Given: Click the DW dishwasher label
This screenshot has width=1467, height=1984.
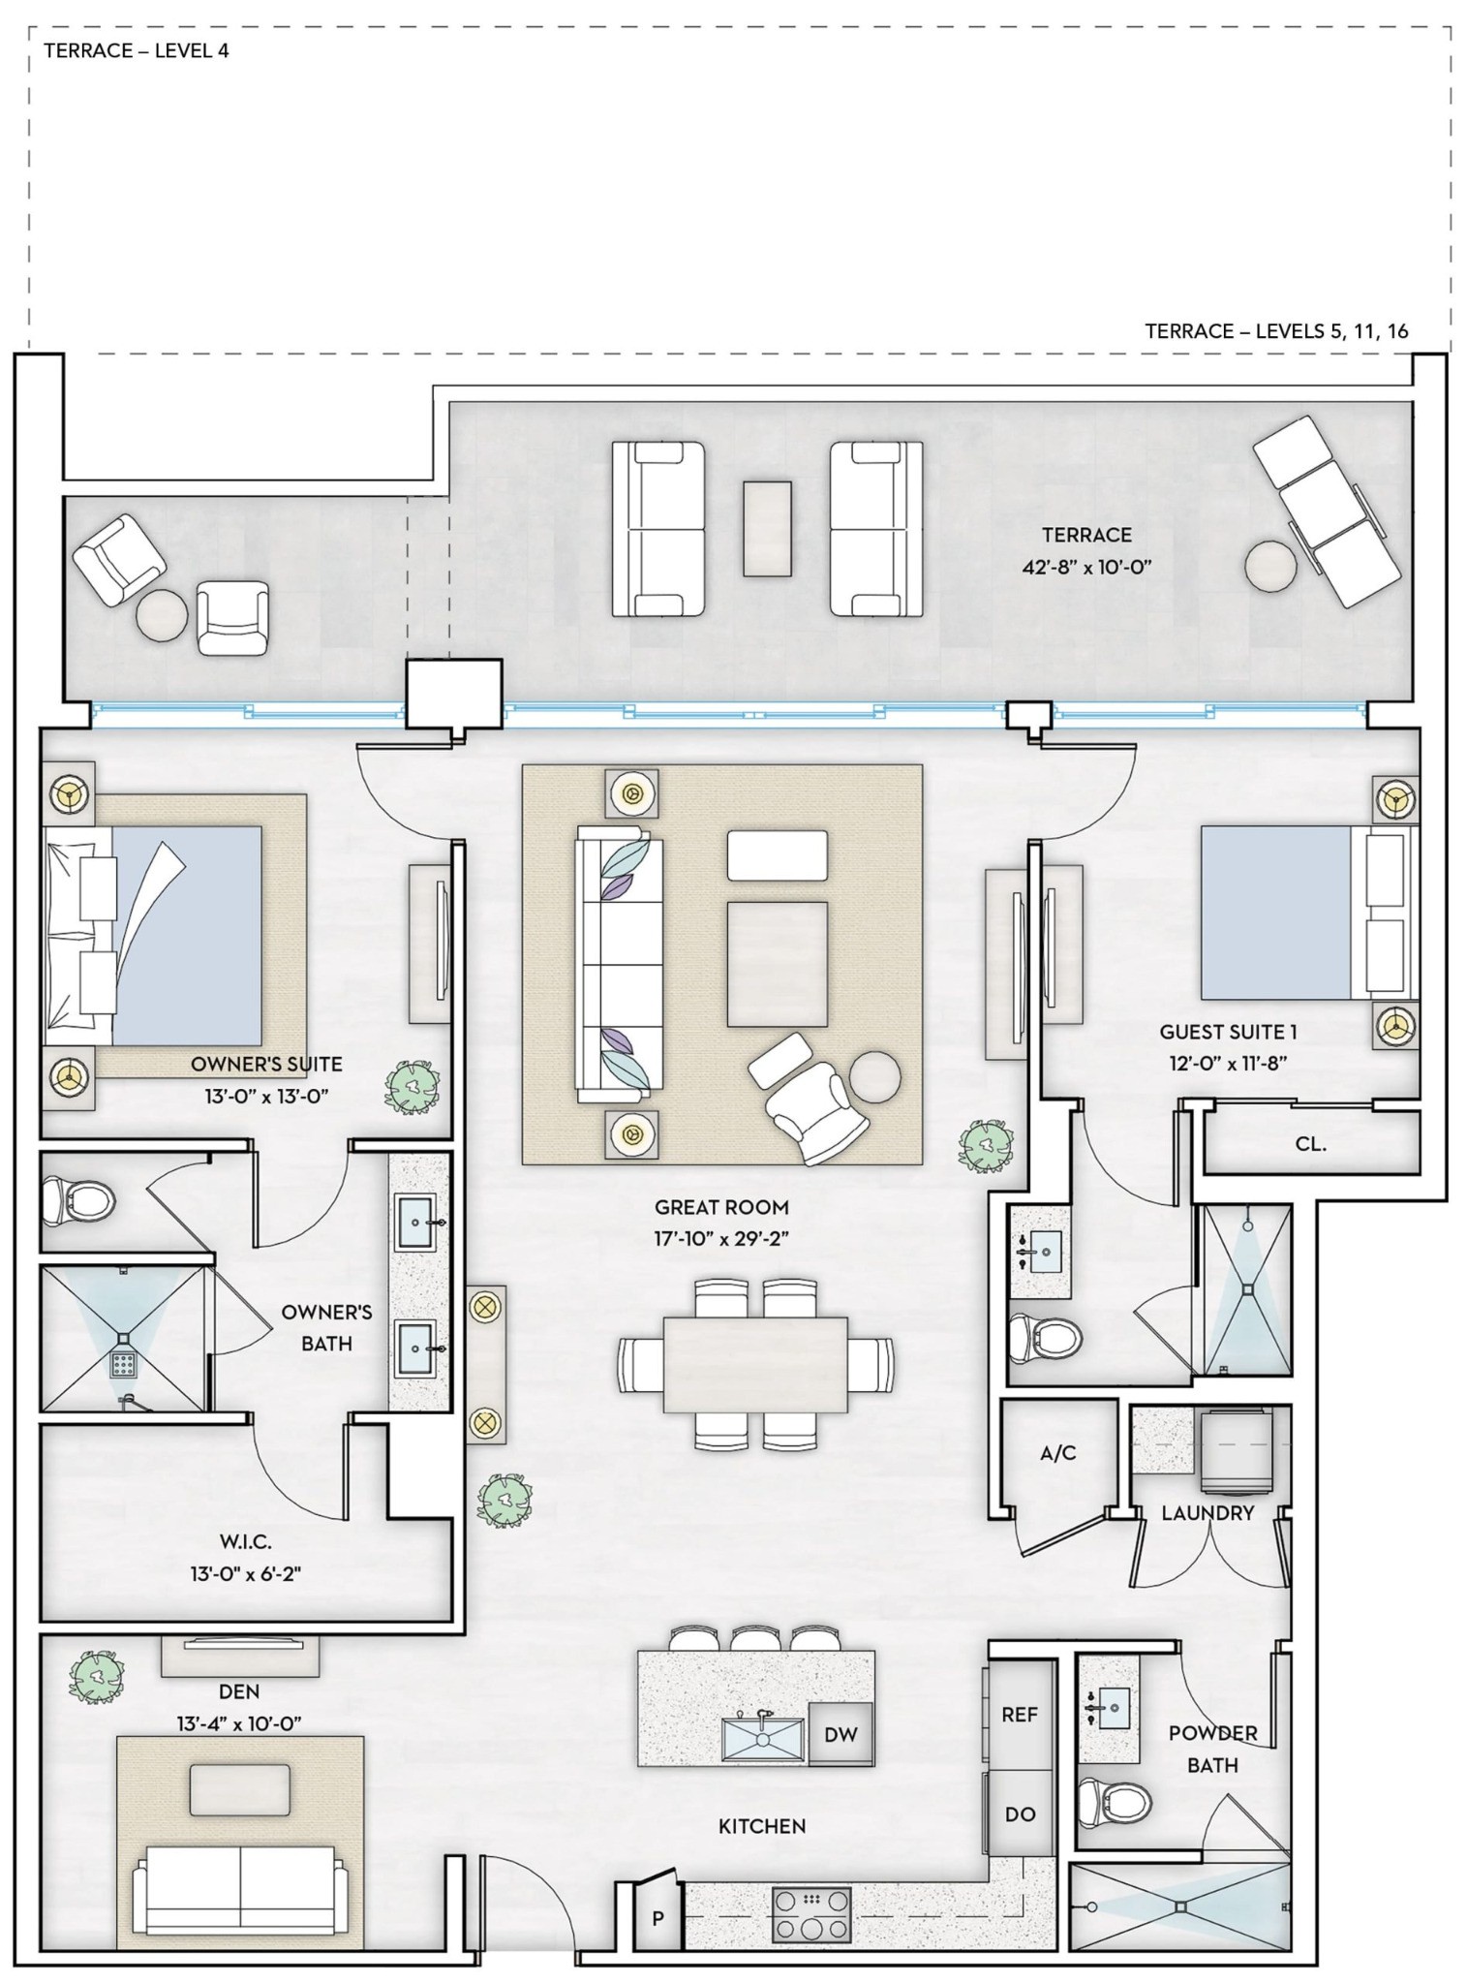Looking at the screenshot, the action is pos(840,1734).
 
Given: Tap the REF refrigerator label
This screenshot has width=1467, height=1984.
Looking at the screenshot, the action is pos(1020,1714).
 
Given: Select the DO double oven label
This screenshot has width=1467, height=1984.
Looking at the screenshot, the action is pos(1020,1814).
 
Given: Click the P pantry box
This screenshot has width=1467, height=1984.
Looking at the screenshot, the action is pos(657,1918).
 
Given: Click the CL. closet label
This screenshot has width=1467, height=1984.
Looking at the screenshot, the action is pos(1310,1143).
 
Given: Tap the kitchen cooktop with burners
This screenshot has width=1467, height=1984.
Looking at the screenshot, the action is pos(811,1914).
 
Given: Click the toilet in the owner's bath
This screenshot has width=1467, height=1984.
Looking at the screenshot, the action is pos(78,1201).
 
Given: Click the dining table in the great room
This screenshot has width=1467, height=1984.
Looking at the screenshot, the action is pos(755,1364).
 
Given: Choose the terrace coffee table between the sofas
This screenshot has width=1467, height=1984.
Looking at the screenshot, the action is pos(768,529).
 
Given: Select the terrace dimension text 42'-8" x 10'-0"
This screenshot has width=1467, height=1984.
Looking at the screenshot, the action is pos(1086,567).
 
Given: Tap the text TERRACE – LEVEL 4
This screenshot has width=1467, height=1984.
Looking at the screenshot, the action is pos(137,51).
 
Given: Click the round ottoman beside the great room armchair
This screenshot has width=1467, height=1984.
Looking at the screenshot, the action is pos(875,1077).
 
